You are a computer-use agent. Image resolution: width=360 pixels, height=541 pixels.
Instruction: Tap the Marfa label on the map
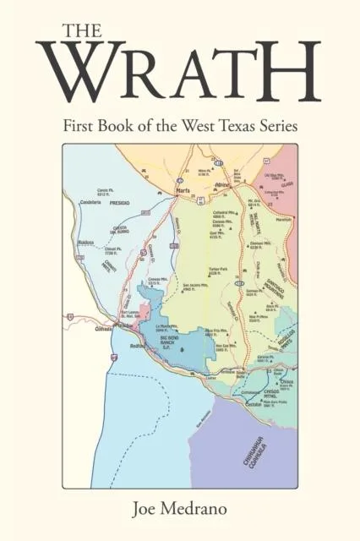(183, 191)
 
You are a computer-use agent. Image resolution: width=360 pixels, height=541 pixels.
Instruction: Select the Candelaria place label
(90, 204)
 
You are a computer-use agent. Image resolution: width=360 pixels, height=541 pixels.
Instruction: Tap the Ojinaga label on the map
(102, 328)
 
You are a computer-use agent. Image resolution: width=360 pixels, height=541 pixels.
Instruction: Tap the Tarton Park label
(219, 270)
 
